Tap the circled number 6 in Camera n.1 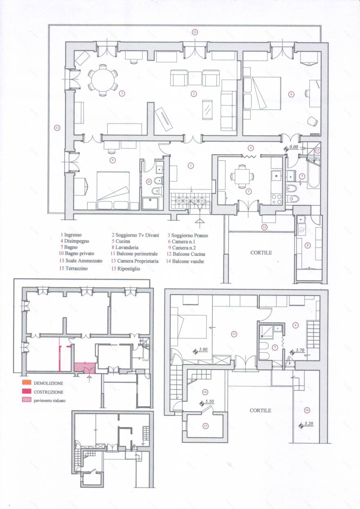coord(291,94)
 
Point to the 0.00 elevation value coord(293,146)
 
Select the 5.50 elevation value coord(209,401)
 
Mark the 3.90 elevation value coord(203,350)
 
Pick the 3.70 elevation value coord(300,351)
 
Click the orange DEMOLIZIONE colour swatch coord(27,383)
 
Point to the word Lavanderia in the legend coord(127,248)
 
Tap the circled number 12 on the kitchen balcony coord(265,227)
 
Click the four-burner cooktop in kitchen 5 coord(277,199)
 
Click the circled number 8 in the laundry coord(308,245)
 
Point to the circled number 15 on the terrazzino coord(205,426)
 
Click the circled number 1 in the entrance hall coord(190,166)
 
